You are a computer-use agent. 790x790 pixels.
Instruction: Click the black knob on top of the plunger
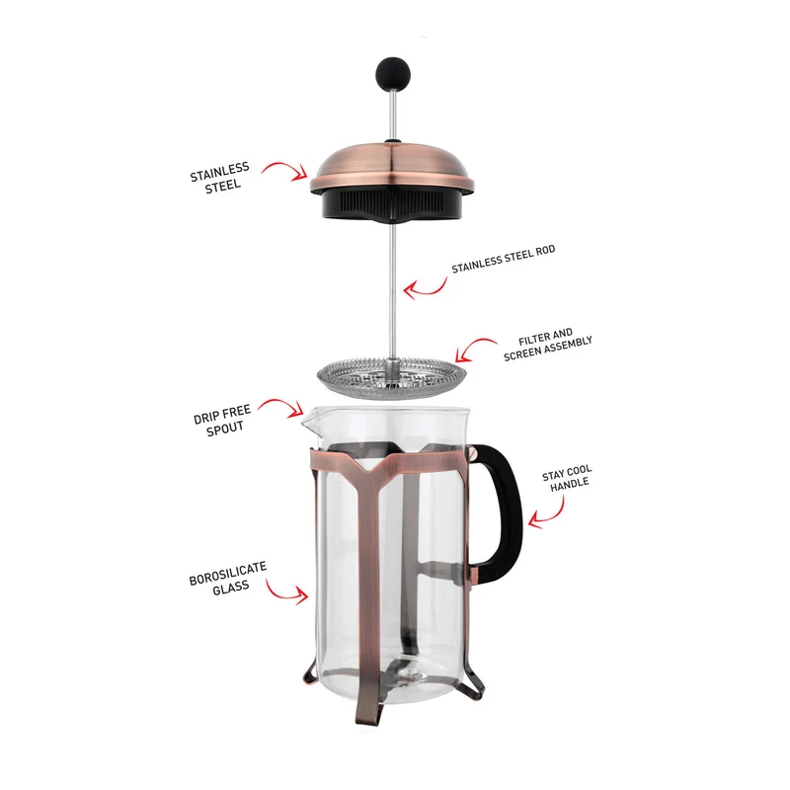tap(392, 73)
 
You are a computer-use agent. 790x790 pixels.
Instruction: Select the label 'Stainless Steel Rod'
tap(503, 259)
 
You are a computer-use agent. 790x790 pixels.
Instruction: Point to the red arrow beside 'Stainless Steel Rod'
tap(426, 288)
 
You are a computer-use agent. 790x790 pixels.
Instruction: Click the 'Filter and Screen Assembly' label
tap(547, 345)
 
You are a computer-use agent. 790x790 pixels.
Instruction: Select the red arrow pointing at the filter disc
tap(474, 348)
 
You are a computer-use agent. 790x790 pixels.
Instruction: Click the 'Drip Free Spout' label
tap(223, 421)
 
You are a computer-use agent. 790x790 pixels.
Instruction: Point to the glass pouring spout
tap(310, 419)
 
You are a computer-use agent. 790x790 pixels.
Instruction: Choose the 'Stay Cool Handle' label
tap(568, 479)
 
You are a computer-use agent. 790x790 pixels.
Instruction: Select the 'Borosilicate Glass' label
tap(228, 579)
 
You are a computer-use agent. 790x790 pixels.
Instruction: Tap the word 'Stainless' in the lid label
tap(219, 171)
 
